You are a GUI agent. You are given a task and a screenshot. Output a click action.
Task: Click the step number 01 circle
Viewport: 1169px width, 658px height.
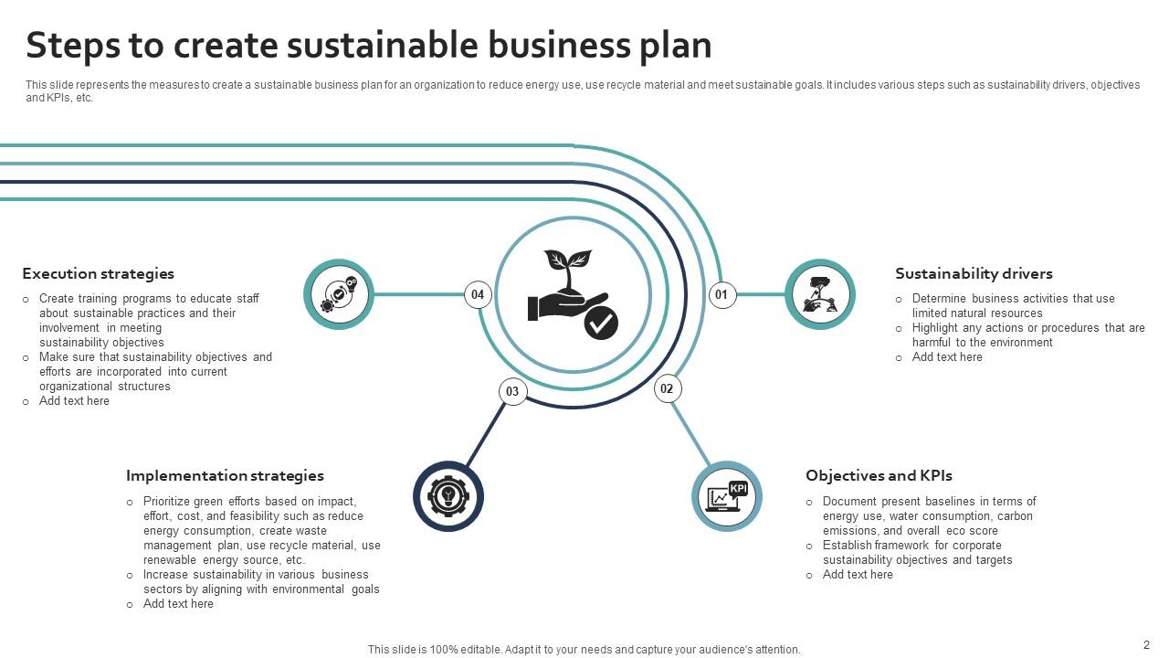(x=722, y=294)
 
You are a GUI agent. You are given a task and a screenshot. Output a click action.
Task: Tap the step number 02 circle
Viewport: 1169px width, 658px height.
(x=667, y=388)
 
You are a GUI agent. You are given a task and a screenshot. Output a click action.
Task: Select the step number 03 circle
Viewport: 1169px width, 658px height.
(x=512, y=392)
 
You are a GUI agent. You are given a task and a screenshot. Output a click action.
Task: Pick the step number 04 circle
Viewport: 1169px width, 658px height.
(x=478, y=294)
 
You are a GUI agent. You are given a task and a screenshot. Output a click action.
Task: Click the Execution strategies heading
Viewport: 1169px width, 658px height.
(x=98, y=273)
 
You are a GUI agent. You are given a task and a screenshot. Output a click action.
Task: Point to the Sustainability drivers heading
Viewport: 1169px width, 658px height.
(x=974, y=273)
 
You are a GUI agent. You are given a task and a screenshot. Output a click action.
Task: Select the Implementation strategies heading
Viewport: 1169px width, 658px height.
(x=225, y=475)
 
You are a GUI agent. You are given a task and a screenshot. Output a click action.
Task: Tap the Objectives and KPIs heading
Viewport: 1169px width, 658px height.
(x=879, y=475)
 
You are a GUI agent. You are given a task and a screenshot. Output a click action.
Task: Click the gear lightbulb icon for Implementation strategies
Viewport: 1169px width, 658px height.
(x=448, y=496)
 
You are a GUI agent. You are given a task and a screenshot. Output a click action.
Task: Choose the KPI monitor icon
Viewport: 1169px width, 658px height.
(x=727, y=496)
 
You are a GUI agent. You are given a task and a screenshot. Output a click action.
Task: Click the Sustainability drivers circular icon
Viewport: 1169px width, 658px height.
(x=820, y=294)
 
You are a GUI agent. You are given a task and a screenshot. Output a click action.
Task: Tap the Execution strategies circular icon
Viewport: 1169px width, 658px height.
(x=339, y=294)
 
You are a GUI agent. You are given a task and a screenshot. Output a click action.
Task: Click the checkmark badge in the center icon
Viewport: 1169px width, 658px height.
(x=601, y=323)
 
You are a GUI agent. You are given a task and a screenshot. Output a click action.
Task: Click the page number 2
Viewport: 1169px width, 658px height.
(x=1146, y=644)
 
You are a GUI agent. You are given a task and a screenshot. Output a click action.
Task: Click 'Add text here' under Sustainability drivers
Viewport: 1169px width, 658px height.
(x=947, y=357)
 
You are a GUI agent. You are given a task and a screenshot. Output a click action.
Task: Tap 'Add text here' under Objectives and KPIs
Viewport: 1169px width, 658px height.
(x=858, y=575)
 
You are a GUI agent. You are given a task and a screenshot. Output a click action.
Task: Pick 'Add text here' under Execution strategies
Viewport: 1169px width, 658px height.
(x=74, y=401)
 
